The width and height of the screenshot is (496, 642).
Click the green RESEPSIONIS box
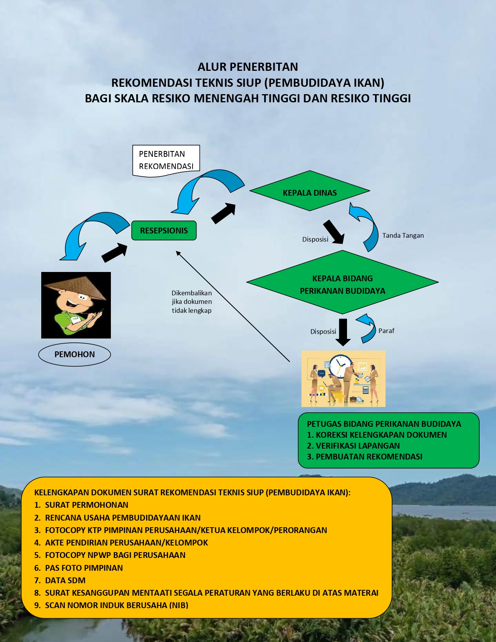pyautogui.click(x=164, y=231)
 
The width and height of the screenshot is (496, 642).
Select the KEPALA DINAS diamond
pyautogui.click(x=310, y=191)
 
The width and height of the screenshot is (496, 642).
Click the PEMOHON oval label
pyautogui.click(x=75, y=354)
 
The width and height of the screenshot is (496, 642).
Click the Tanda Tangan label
pyautogui.click(x=403, y=235)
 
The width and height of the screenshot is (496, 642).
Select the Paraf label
pyautogui.click(x=386, y=331)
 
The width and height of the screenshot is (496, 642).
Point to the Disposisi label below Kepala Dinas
pyautogui.click(x=315, y=239)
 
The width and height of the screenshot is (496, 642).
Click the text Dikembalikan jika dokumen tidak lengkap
pyautogui.click(x=192, y=302)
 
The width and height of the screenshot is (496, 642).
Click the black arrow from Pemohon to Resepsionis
pyautogui.click(x=114, y=253)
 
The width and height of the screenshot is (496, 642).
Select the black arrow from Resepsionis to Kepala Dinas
pyautogui.click(x=224, y=213)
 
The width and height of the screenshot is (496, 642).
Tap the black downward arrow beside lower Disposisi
pyautogui.click(x=343, y=332)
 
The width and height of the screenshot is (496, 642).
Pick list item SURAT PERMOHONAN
pyautogui.click(x=86, y=505)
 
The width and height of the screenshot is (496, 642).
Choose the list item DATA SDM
pyautogui.click(x=65, y=581)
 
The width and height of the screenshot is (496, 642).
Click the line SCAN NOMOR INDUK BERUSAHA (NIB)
pyautogui.click(x=116, y=605)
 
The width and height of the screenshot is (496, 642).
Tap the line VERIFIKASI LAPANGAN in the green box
pyautogui.click(x=358, y=446)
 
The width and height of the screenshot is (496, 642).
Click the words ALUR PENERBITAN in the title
pyautogui.click(x=248, y=67)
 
